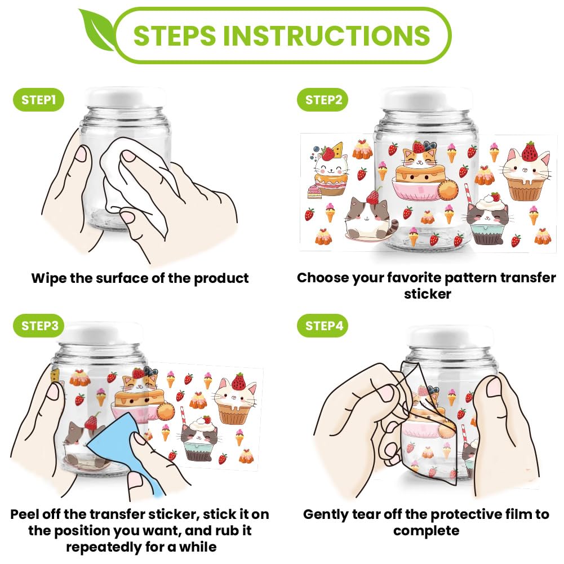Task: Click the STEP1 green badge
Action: [38, 100]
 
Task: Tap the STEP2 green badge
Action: [323, 100]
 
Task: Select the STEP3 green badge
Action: [39, 326]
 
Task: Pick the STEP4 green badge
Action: [323, 326]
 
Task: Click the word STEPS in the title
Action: [175, 35]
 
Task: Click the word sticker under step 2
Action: [427, 294]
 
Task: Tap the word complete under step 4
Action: [426, 531]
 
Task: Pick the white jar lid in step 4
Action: [452, 336]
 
